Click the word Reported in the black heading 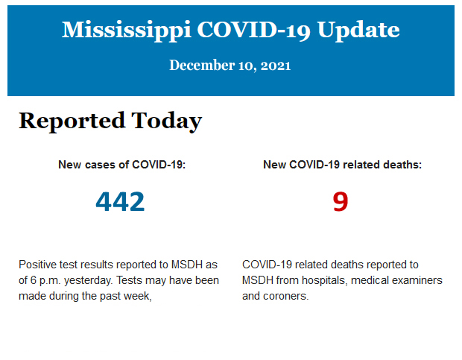tap(72, 121)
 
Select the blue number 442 tap(120, 201)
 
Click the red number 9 tap(341, 201)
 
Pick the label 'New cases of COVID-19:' tap(121, 165)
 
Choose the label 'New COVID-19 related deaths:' tap(342, 165)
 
